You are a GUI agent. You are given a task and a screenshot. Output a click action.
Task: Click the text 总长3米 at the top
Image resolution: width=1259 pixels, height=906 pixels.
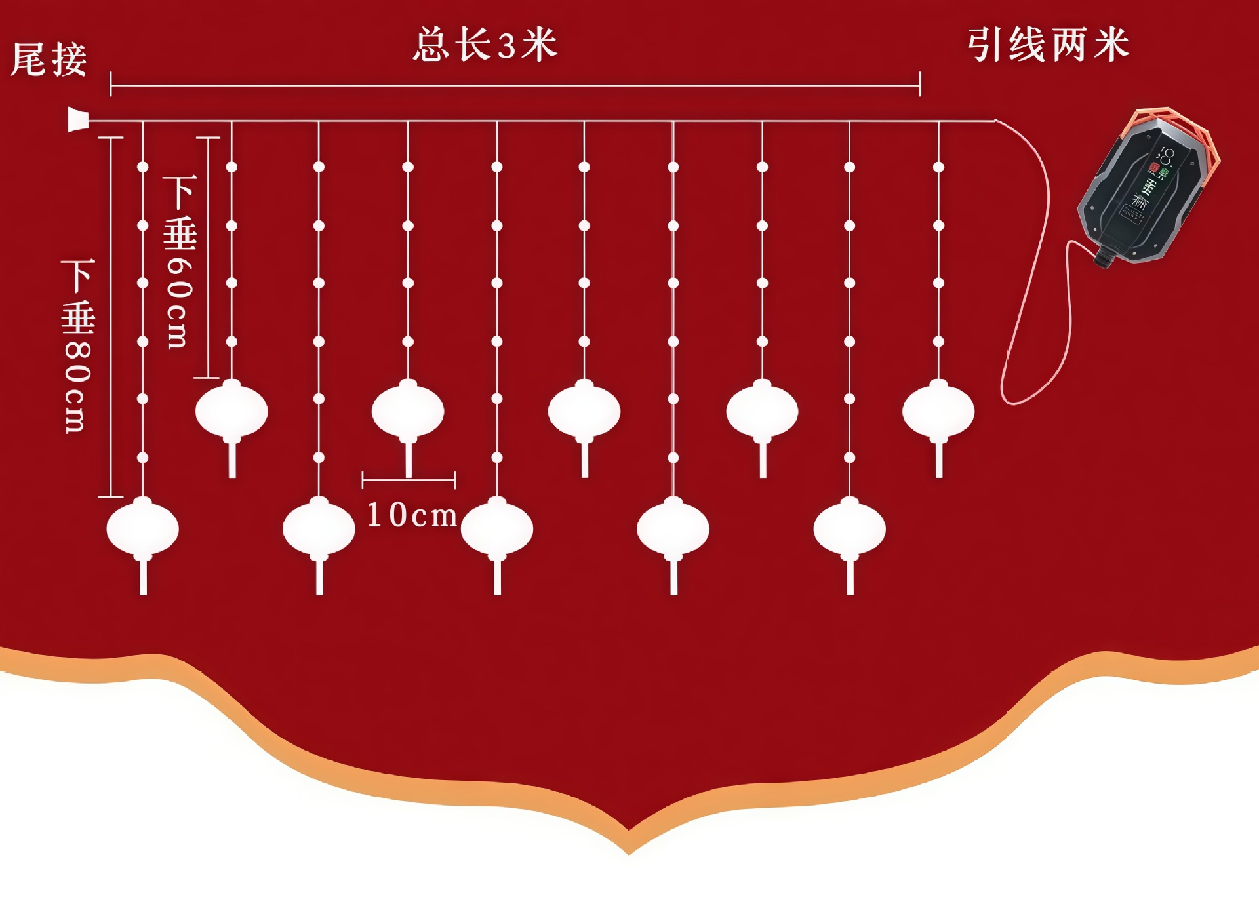[485, 45]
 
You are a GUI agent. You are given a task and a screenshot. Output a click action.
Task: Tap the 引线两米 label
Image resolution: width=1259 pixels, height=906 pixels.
[1048, 45]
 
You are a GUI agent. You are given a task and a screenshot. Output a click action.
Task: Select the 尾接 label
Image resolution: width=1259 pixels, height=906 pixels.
[49, 60]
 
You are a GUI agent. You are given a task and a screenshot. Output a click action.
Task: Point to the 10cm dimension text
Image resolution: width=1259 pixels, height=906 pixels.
[412, 515]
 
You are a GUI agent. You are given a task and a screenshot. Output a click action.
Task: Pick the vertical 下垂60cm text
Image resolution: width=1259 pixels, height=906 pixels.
[178, 262]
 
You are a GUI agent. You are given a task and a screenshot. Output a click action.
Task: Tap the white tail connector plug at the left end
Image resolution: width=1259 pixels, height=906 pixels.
[78, 120]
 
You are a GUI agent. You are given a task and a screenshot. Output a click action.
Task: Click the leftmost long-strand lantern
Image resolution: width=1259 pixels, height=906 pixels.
[142, 528]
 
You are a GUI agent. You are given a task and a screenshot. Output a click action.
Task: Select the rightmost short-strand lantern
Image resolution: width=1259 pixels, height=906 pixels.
[938, 411]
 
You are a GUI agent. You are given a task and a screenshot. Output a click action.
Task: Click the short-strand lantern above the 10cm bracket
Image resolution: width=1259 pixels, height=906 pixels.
[408, 411]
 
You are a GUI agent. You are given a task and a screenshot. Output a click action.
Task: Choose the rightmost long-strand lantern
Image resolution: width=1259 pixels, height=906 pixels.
[849, 528]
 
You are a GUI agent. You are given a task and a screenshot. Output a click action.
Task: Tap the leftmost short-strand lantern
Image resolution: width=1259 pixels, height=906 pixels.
[231, 411]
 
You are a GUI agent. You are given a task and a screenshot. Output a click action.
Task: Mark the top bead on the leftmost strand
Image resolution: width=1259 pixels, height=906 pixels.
[143, 167]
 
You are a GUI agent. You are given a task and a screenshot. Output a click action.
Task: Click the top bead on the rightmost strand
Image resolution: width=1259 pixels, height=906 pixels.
[938, 167]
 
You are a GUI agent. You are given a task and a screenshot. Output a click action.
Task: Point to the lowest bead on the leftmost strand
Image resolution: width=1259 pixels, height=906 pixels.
[143, 457]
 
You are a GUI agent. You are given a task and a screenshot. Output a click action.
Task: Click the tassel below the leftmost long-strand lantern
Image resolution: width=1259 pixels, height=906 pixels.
[143, 578]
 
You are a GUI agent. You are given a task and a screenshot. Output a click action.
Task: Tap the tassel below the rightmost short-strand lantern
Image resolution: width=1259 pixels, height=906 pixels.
[939, 460]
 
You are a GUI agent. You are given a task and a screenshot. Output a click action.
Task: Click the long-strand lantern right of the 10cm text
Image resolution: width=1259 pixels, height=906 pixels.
[497, 528]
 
